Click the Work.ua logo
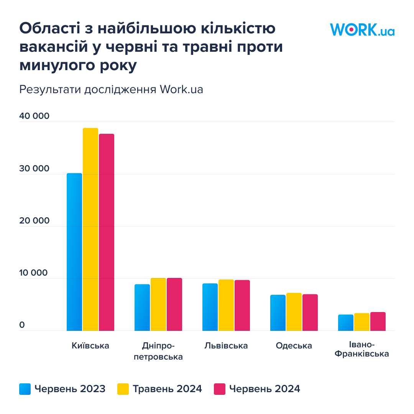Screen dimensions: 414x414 (362, 30)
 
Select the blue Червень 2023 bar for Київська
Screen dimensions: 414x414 (74, 252)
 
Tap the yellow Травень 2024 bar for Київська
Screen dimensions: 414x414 (90, 229)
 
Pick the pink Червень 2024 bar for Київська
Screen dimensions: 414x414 (107, 232)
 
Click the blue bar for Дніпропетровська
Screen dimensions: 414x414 (142, 307)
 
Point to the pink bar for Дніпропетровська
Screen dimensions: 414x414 (174, 304)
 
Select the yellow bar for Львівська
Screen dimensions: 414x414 (226, 305)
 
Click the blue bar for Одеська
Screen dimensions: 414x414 (278, 313)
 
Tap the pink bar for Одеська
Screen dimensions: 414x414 (310, 312)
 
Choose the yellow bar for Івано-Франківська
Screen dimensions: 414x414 (362, 322)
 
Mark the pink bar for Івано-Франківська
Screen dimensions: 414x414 (378, 321)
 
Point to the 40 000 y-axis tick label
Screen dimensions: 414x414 (34, 116)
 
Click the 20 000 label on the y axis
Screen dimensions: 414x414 (34, 221)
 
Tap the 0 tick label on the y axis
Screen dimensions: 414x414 (22, 325)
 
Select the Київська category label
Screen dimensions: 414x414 (90, 346)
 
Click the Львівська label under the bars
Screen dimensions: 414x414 (226, 346)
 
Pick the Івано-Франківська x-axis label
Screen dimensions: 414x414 (362, 349)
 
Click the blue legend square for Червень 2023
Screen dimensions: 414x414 (25, 389)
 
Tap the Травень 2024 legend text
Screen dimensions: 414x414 (167, 389)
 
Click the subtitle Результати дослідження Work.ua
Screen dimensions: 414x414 (111, 89)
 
